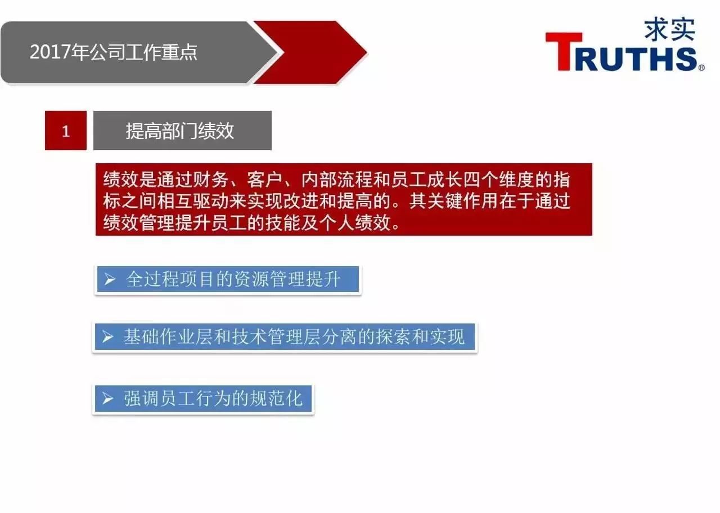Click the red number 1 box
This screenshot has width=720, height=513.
click(x=66, y=130)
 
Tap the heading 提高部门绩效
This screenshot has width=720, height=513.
click(x=179, y=131)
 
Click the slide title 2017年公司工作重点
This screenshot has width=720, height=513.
click(x=114, y=52)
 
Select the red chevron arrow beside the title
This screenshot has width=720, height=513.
click(x=310, y=52)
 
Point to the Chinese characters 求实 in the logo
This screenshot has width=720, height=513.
click(x=669, y=29)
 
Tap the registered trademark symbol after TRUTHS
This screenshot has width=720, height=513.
click(x=701, y=67)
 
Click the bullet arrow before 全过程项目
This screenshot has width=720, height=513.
click(x=110, y=279)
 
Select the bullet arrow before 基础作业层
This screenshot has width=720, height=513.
click(x=107, y=337)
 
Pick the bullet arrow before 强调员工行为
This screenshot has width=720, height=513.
click(x=107, y=399)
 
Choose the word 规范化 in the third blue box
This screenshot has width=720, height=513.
click(x=276, y=399)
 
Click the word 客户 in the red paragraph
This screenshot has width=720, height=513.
click(x=264, y=179)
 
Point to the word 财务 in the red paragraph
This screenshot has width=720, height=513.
click(x=211, y=179)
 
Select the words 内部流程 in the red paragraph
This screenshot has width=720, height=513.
click(x=337, y=179)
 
